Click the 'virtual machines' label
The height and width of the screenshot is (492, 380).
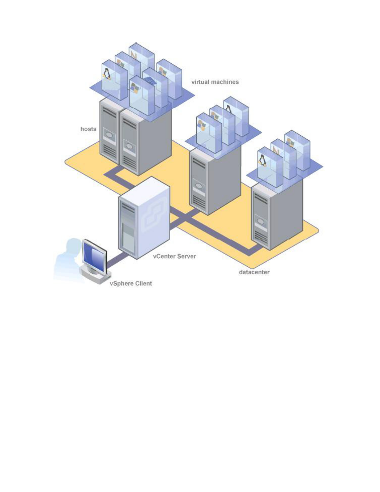(215, 82)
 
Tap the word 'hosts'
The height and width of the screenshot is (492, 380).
(88, 129)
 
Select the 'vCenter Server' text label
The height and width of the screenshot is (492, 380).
(174, 256)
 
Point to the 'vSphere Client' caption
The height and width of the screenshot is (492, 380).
(131, 283)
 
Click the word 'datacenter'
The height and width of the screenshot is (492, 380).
(254, 272)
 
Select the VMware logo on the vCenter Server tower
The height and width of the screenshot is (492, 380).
(152, 219)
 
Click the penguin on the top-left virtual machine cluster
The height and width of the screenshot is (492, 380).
(107, 74)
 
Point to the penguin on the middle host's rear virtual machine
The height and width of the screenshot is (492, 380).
(228, 109)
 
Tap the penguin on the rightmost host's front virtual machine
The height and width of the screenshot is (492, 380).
(263, 160)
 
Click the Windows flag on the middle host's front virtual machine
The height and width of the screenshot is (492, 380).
(202, 125)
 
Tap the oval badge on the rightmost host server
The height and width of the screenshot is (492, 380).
(261, 222)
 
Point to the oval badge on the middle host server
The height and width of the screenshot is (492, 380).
(199, 187)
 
